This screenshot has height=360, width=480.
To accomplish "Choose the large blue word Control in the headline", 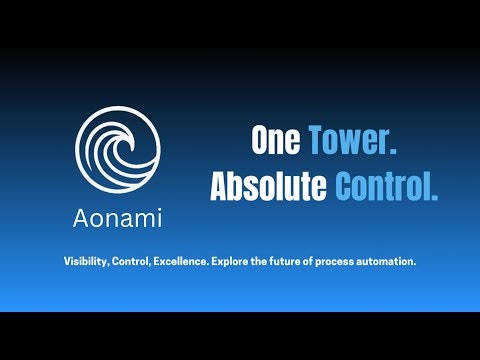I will tap(386, 187).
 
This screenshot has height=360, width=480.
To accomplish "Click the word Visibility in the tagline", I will tap(85, 261).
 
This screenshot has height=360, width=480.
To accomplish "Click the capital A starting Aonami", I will tap(78, 217).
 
